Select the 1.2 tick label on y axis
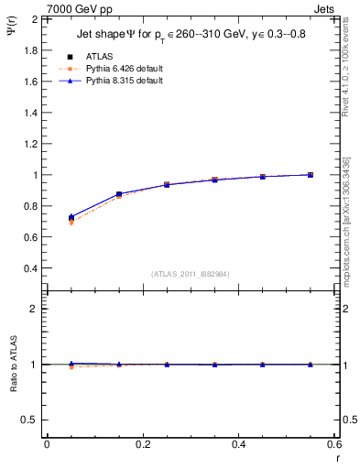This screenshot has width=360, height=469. tap(30, 144)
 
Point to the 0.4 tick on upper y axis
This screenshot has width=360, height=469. tap(30, 268)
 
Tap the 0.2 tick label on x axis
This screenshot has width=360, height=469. tap(142, 444)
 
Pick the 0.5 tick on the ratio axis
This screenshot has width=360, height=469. tap(30, 420)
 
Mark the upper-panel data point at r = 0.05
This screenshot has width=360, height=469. tap(71, 218)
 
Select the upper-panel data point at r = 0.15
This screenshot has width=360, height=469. tap(119, 194)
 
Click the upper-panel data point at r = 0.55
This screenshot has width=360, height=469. tap(311, 174)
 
